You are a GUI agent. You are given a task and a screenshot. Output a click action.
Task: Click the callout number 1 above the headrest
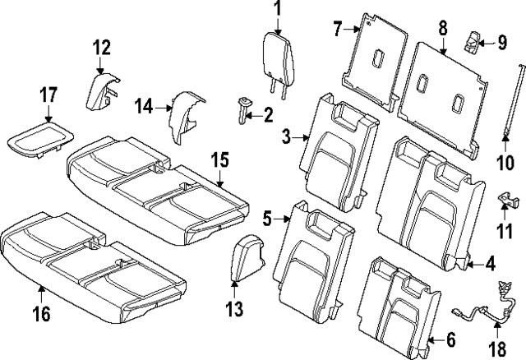coord(277,10)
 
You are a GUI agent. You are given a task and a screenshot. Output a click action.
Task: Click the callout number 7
coord(338,30)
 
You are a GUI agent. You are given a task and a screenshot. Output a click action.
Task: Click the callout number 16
coord(41,314)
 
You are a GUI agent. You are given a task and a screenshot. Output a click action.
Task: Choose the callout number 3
coord(287,138)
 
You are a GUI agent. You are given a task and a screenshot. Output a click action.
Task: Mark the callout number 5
coord(268,219)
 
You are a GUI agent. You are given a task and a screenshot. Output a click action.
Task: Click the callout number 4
coord(490,264)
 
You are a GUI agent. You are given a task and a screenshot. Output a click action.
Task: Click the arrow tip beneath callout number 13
coord(234,282)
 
